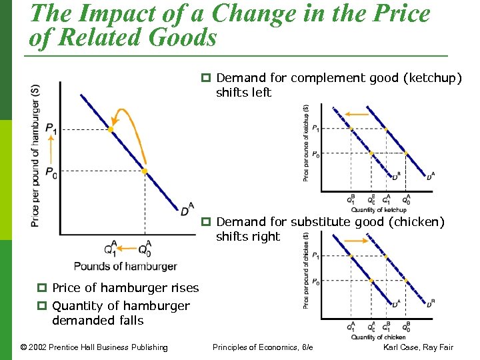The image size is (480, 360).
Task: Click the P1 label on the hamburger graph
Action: (x=51, y=129)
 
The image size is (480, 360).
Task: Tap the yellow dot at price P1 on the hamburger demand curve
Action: (x=111, y=129)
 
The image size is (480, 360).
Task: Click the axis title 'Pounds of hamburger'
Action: (x=125, y=266)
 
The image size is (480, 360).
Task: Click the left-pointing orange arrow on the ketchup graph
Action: (x=358, y=114)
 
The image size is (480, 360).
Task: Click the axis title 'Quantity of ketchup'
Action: (x=378, y=210)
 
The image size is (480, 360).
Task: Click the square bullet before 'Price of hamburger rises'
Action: (x=41, y=288)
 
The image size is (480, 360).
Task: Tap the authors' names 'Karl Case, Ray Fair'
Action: (x=418, y=347)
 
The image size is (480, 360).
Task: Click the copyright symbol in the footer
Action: (x=24, y=347)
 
